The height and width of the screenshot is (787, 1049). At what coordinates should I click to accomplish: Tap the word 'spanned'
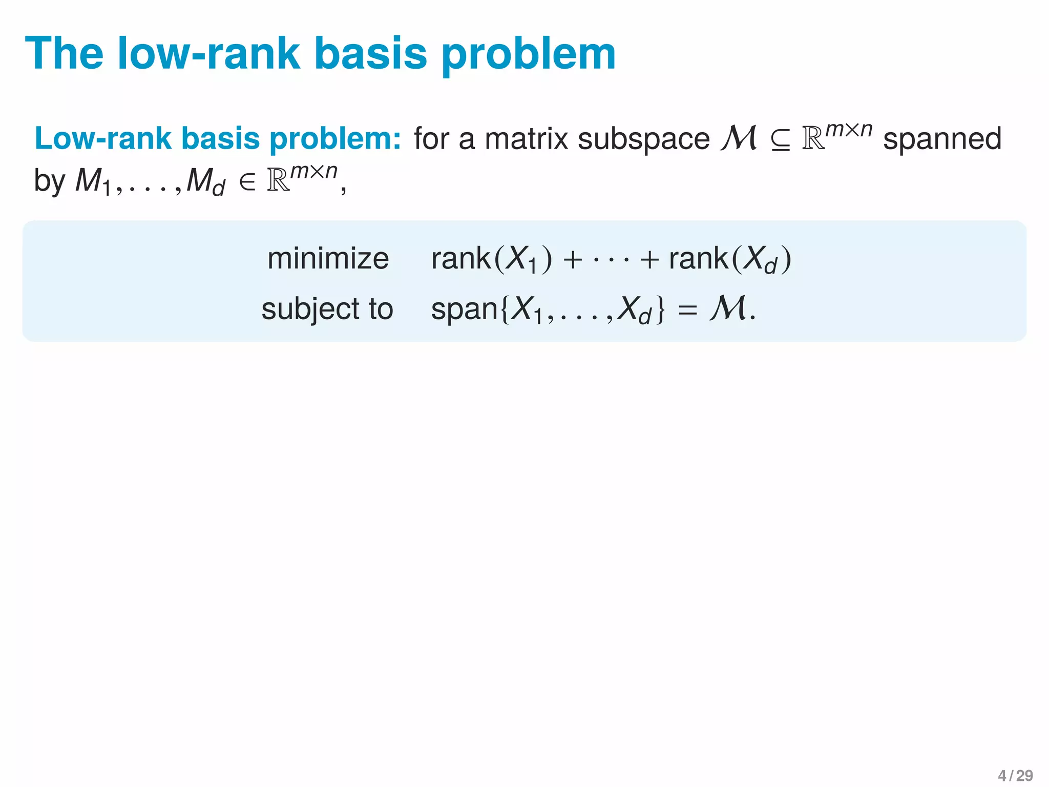(942, 140)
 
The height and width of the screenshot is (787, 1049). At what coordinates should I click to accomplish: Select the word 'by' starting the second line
(49, 182)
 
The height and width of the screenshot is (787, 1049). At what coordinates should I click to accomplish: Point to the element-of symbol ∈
(247, 182)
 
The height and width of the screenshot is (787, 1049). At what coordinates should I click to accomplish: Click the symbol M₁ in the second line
(92, 182)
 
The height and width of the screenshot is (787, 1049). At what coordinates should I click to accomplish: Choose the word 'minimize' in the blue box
(328, 258)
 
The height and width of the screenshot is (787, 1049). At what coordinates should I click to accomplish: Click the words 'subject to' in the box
(327, 309)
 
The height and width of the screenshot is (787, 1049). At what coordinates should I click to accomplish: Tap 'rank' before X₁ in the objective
(460, 258)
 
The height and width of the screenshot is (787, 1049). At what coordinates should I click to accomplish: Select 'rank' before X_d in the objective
(698, 258)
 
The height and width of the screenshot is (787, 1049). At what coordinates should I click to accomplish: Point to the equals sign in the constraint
(687, 309)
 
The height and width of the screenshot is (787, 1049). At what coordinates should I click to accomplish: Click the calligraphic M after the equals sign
(727, 308)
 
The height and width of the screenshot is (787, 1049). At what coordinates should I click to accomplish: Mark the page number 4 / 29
(1015, 776)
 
